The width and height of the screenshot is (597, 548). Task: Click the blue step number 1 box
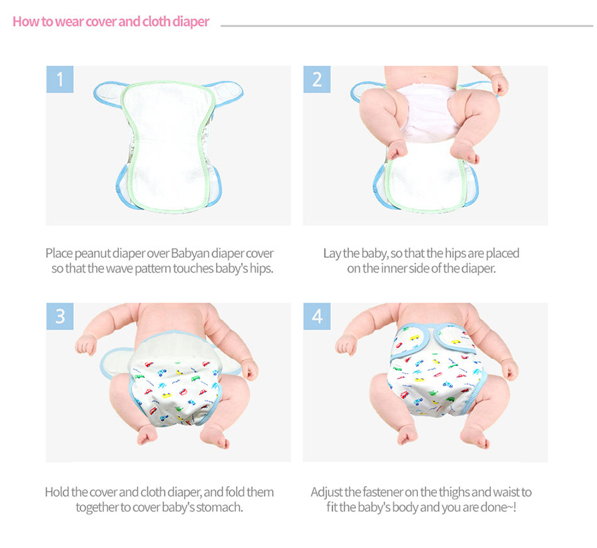(x=60, y=79)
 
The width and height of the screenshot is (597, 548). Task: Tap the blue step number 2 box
(x=317, y=79)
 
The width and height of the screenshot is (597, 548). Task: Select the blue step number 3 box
(x=60, y=316)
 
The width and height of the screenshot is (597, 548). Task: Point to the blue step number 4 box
(x=317, y=316)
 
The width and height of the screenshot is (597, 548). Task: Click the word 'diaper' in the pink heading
(x=191, y=22)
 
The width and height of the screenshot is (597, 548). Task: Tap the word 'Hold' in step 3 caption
(x=57, y=492)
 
